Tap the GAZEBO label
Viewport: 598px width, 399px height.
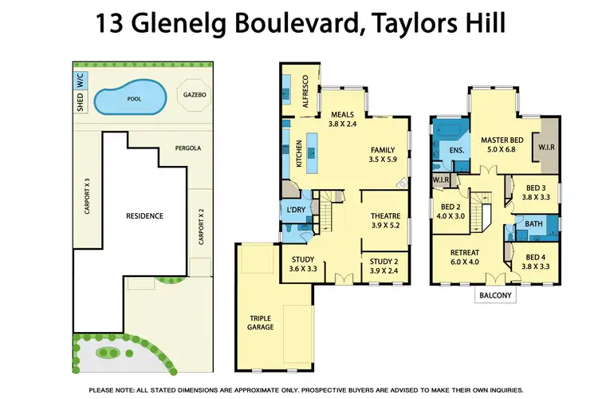click(194, 94)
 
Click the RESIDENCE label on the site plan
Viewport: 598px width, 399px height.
click(144, 215)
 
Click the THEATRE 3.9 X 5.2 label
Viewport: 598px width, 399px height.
click(385, 221)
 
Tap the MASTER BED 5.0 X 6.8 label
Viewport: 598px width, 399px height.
click(502, 144)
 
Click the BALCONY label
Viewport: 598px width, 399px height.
click(495, 295)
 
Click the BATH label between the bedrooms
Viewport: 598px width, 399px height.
click(533, 224)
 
